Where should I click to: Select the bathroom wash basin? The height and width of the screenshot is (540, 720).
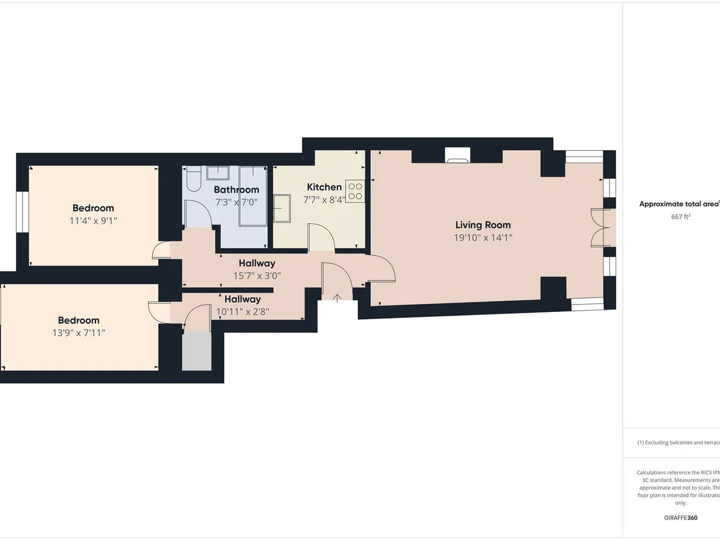pyautogui.click(x=217, y=173)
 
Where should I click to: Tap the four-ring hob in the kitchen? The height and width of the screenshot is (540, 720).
pyautogui.click(x=355, y=190)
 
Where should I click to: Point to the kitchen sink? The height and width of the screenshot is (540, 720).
pyautogui.click(x=283, y=208)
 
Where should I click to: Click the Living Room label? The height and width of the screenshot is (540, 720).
pyautogui.click(x=483, y=225)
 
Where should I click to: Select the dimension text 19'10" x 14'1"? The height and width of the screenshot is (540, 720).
pyautogui.click(x=483, y=238)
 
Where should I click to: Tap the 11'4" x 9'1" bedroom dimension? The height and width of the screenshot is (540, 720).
pyautogui.click(x=93, y=221)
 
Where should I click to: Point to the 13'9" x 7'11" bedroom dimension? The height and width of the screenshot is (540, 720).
pyautogui.click(x=79, y=333)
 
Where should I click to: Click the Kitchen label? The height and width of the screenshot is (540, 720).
pyautogui.click(x=324, y=187)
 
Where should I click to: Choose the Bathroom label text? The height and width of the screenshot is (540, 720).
pyautogui.click(x=236, y=190)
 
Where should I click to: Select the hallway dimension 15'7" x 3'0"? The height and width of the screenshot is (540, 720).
pyautogui.click(x=257, y=275)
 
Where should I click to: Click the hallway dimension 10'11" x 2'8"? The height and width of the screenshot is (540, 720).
pyautogui.click(x=242, y=311)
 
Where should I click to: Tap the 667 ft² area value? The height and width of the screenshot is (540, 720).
pyautogui.click(x=680, y=217)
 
